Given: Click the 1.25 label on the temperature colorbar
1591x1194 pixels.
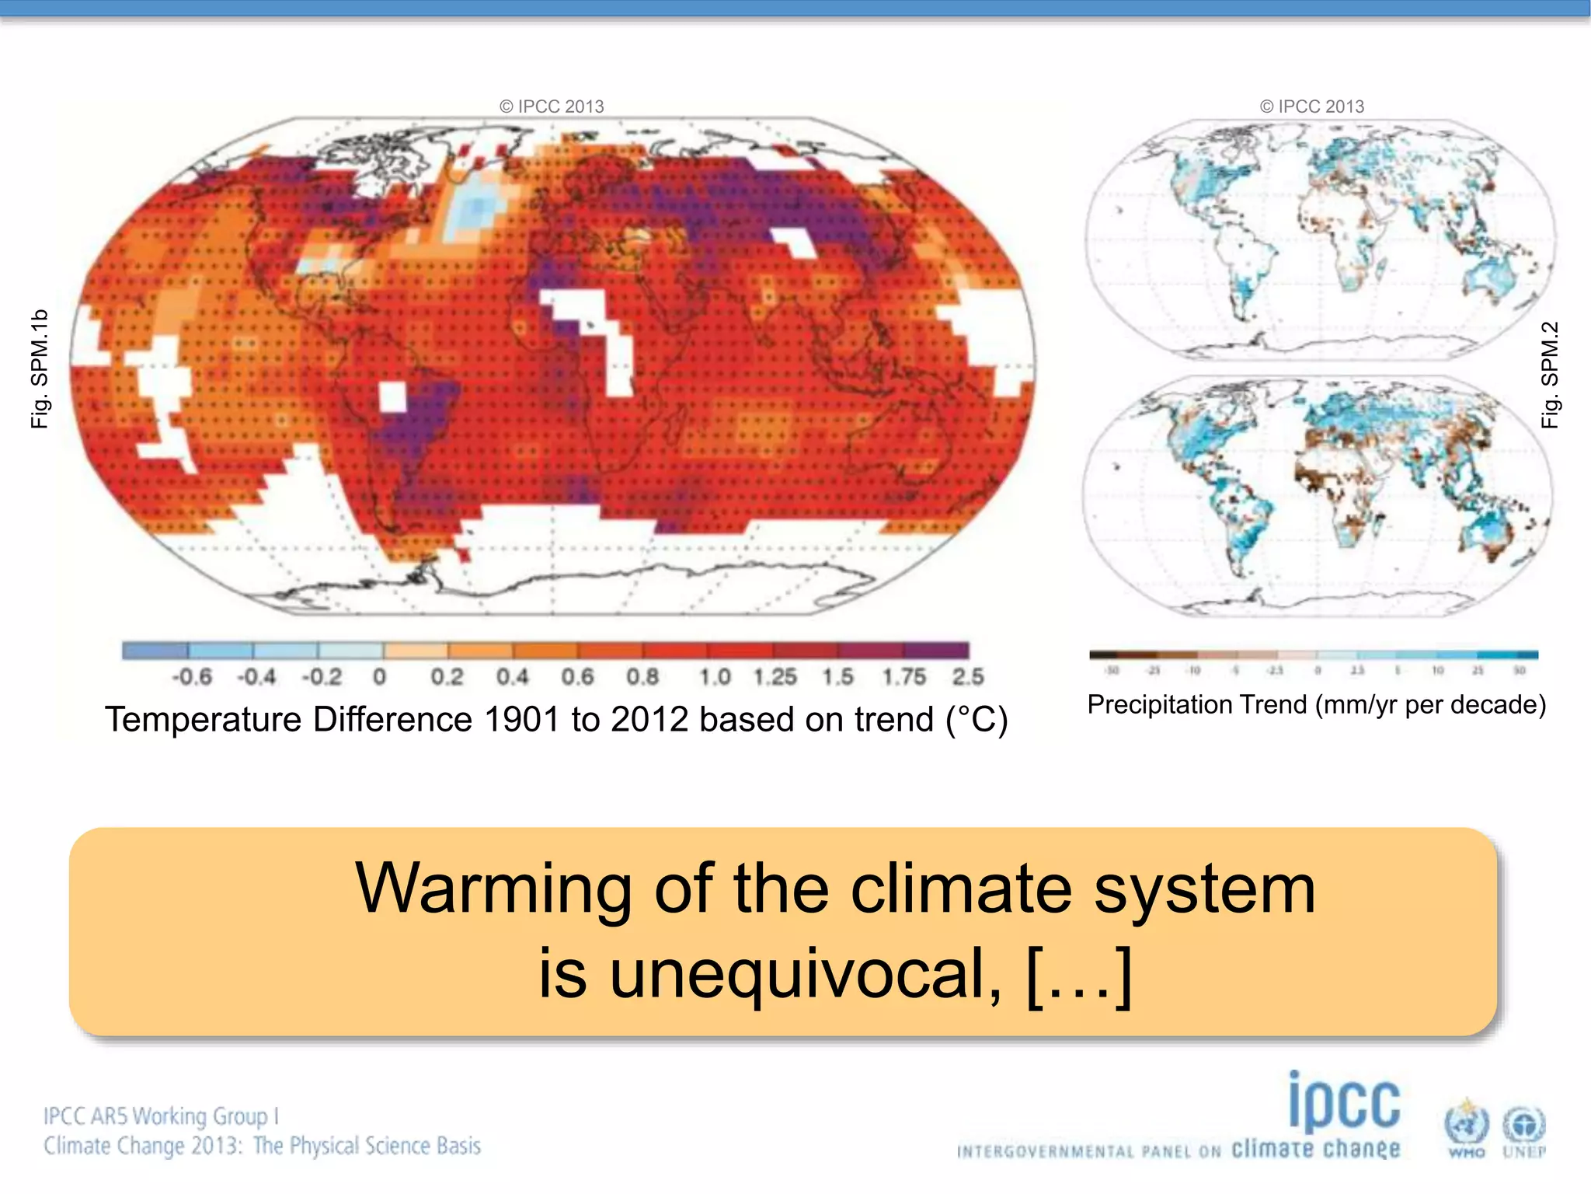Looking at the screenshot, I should click(x=775, y=677).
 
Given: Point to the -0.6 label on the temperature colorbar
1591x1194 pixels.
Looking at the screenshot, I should click(x=192, y=677).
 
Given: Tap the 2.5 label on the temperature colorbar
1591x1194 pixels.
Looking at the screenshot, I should click(x=968, y=677).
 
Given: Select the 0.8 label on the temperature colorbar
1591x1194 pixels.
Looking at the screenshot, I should click(x=642, y=677).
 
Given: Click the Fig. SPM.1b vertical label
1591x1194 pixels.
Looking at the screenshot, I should click(x=40, y=368).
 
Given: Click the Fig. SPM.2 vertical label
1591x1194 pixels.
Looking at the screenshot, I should click(x=1550, y=375).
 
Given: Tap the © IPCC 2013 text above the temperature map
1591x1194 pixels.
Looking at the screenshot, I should click(x=552, y=106).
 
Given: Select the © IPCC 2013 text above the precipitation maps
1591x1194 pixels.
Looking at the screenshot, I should click(x=1312, y=106).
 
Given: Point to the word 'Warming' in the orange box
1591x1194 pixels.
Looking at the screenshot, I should click(x=493, y=889).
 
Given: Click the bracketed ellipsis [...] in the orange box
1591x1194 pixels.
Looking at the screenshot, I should click(x=1079, y=975).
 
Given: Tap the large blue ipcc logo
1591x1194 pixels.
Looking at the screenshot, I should click(x=1345, y=1103).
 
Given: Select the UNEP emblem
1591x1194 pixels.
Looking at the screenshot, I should click(x=1524, y=1129).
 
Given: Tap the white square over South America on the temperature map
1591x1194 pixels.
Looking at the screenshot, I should click(x=393, y=396).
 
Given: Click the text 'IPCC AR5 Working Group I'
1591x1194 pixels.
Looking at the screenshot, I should click(x=161, y=1116).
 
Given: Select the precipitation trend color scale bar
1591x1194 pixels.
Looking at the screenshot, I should click(x=1314, y=655).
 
